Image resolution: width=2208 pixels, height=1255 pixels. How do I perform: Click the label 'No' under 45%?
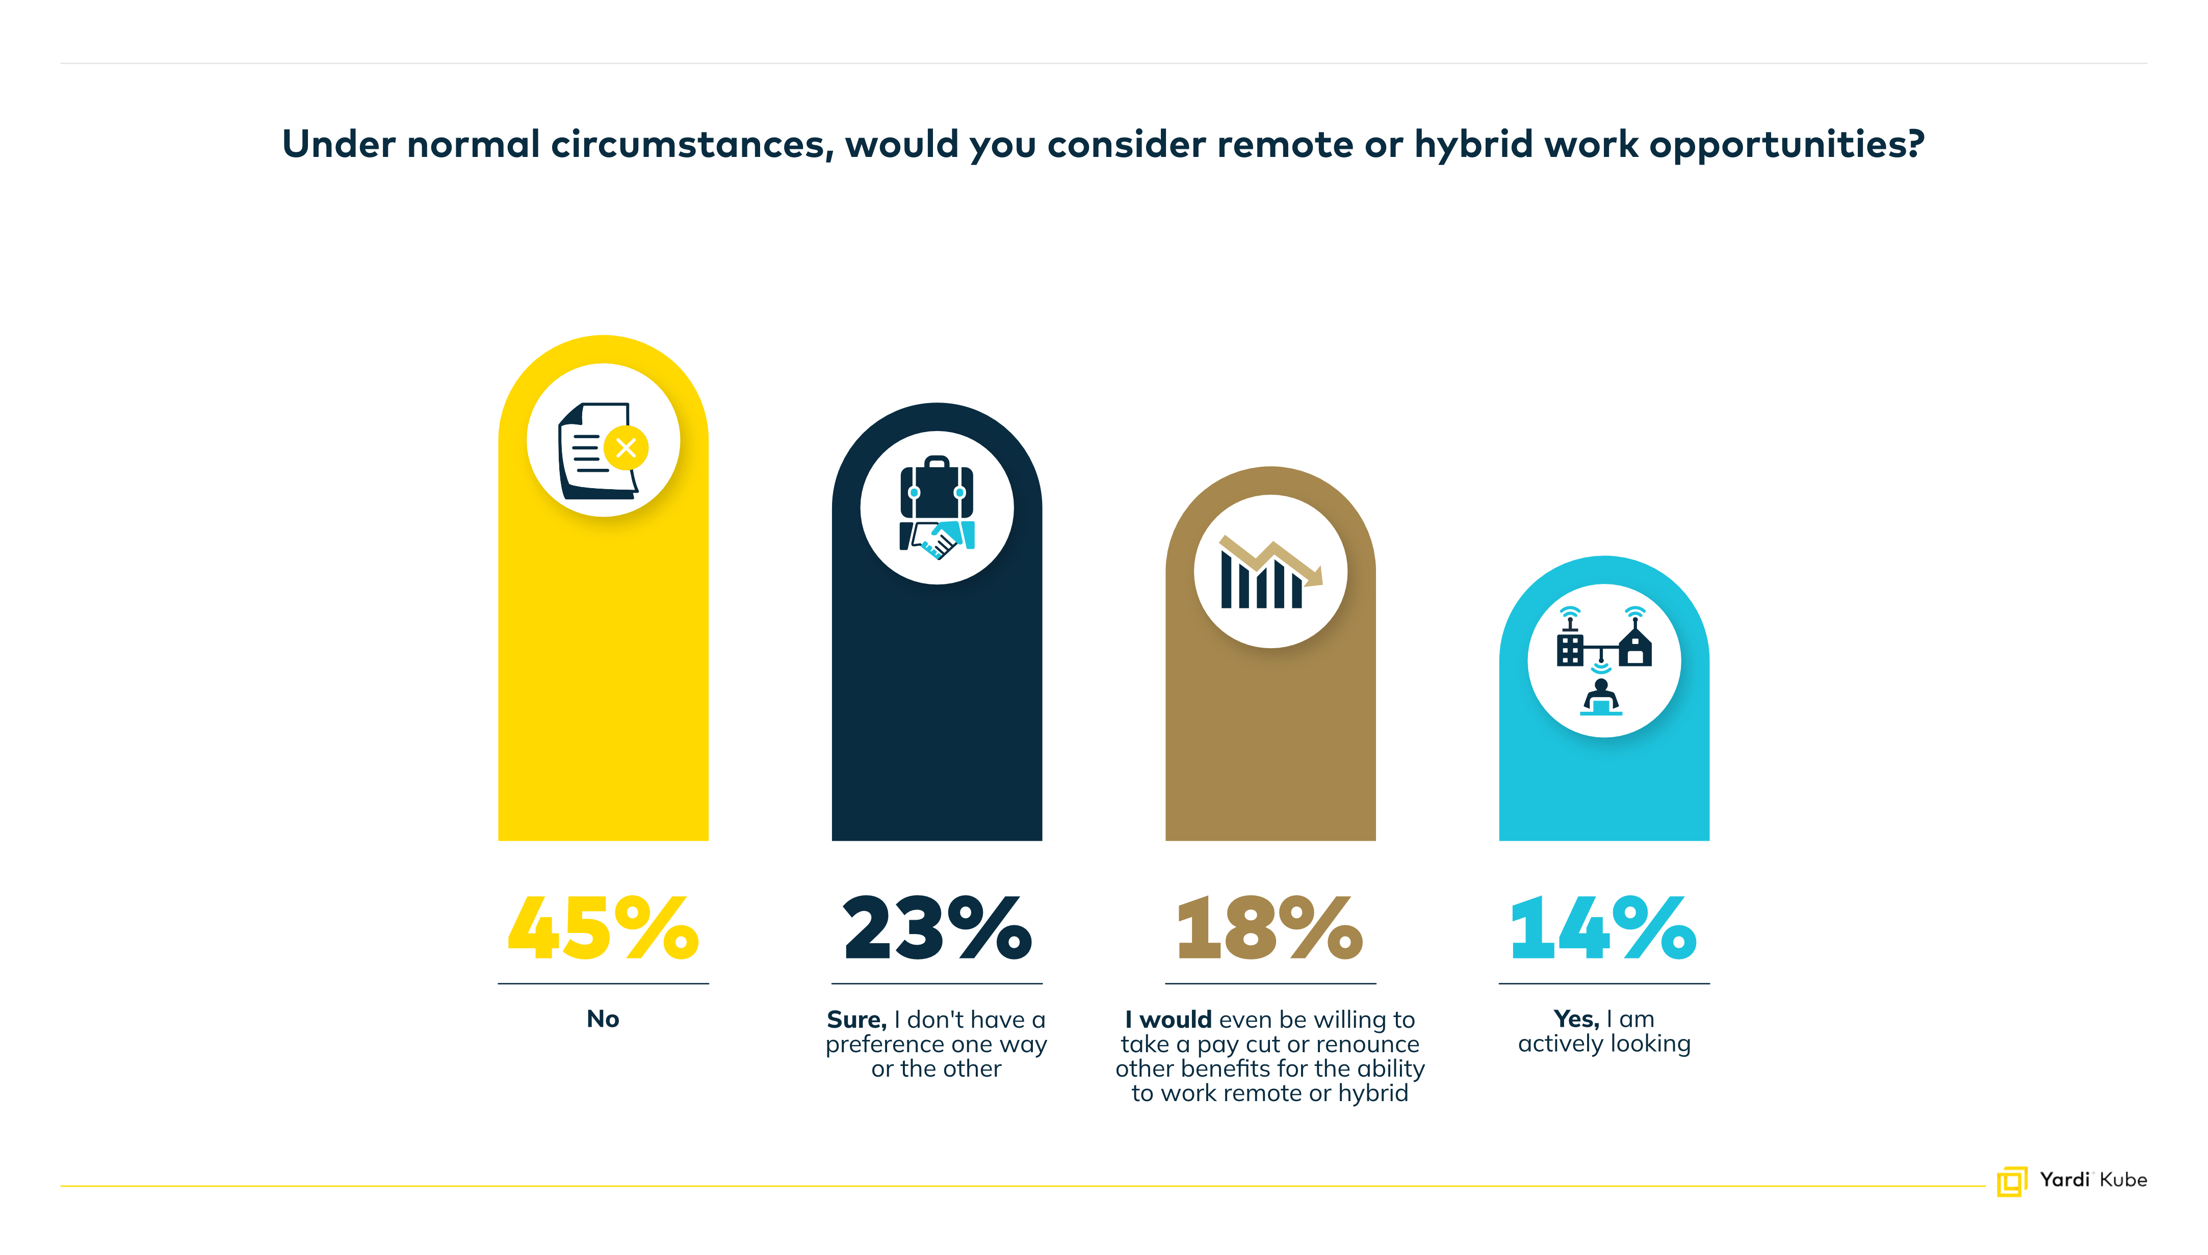(603, 1019)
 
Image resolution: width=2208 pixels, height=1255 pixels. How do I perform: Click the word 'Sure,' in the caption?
(856, 1020)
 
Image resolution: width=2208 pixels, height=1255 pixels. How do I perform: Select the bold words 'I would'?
(1168, 1020)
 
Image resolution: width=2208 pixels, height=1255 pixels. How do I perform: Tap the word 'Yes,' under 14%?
(1576, 1019)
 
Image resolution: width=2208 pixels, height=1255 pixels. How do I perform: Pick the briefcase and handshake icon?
(937, 508)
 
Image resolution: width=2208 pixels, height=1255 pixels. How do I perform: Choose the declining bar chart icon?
(1269, 572)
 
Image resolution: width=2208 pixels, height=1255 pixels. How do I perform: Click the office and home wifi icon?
(1604, 660)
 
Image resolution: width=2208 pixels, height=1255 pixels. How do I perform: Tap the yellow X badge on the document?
(626, 447)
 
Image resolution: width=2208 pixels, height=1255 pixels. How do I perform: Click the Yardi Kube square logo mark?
(2011, 1181)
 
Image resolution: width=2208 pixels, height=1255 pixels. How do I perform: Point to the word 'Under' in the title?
(339, 144)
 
